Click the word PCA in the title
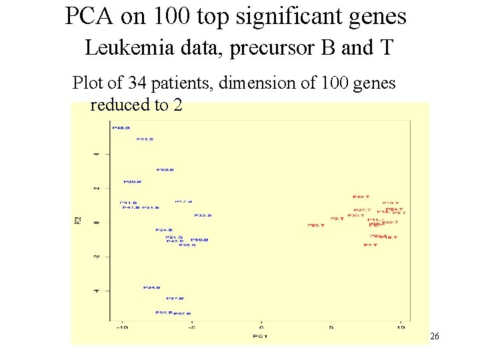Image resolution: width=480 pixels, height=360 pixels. pos(91,16)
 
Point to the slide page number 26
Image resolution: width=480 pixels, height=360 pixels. pos(434,337)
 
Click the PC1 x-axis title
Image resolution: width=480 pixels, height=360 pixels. pos(261,335)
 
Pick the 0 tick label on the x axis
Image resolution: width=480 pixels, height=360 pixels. pos(261,327)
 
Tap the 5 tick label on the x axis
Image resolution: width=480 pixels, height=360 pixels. pos(331,327)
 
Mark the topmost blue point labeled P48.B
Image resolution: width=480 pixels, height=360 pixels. pos(121,127)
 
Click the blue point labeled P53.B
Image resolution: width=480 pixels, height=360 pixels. pos(145,139)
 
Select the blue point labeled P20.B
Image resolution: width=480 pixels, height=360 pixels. pos(131,181)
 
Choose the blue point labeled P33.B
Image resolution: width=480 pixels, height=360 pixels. pos(203,215)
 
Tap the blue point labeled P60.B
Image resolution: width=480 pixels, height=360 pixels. pos(199,239)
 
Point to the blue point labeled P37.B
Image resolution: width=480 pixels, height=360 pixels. pos(175,298)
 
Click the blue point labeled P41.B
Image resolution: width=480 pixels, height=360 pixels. pos(128,203)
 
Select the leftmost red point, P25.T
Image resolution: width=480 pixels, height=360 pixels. pos(315,225)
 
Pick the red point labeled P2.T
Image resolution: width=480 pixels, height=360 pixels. pos(337,219)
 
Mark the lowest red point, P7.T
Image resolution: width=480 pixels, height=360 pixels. pos(370,245)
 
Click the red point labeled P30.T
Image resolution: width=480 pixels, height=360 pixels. pos(356,215)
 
